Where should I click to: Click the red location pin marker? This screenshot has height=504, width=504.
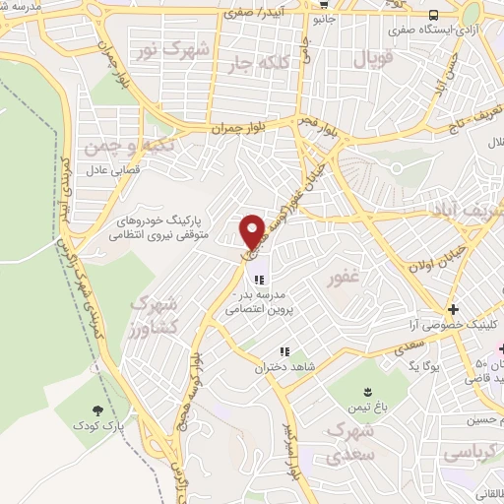tap(252, 230)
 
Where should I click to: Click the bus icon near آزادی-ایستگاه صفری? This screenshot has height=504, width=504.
tap(434, 14)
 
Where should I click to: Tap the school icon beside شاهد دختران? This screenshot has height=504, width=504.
tap(284, 351)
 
